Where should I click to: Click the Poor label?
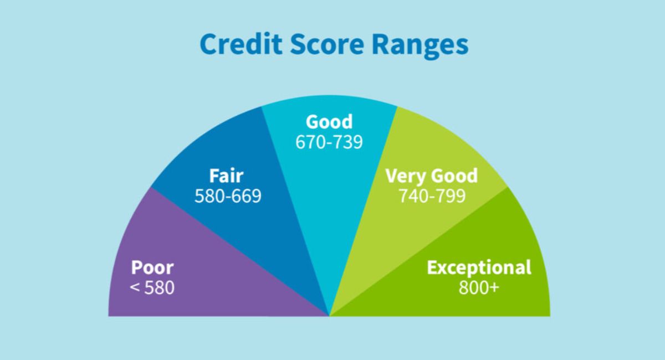point(152,268)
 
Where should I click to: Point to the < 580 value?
point(152,288)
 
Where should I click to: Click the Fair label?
point(226,176)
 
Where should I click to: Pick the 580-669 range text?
point(228,196)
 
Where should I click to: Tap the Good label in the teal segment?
point(329,122)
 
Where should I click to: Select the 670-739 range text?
point(329,142)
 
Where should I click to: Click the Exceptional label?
point(479,268)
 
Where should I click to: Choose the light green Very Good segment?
point(399,233)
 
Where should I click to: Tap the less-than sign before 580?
point(135,289)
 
